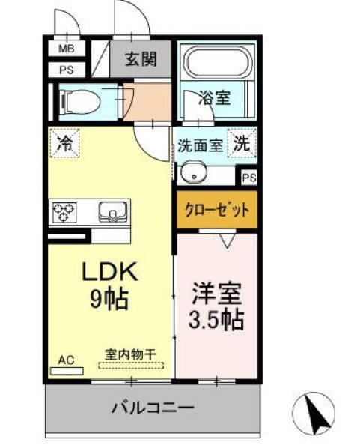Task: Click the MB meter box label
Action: pyautogui.click(x=67, y=49)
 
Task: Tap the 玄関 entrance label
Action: pyautogui.click(x=141, y=59)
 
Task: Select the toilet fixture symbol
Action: pyautogui.click(x=79, y=101)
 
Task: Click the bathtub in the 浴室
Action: pyautogui.click(x=218, y=62)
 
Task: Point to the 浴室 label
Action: pyautogui.click(x=215, y=97)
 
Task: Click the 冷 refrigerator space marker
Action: pyautogui.click(x=64, y=143)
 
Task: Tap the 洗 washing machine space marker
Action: pyautogui.click(x=242, y=143)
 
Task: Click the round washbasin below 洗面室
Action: pyautogui.click(x=194, y=172)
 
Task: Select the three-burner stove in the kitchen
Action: pyautogui.click(x=64, y=212)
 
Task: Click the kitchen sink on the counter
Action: pyautogui.click(x=113, y=212)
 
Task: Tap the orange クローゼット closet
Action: pyautogui.click(x=217, y=210)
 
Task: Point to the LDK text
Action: pyautogui.click(x=110, y=272)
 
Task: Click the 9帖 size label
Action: pyautogui.click(x=109, y=300)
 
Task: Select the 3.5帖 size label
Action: pyautogui.click(x=216, y=320)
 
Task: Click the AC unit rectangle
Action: pyautogui.click(x=67, y=371)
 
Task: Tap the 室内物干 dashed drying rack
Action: pyautogui.click(x=131, y=366)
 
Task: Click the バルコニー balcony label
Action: pyautogui.click(x=153, y=407)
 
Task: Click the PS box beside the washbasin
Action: pyautogui.click(x=249, y=178)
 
